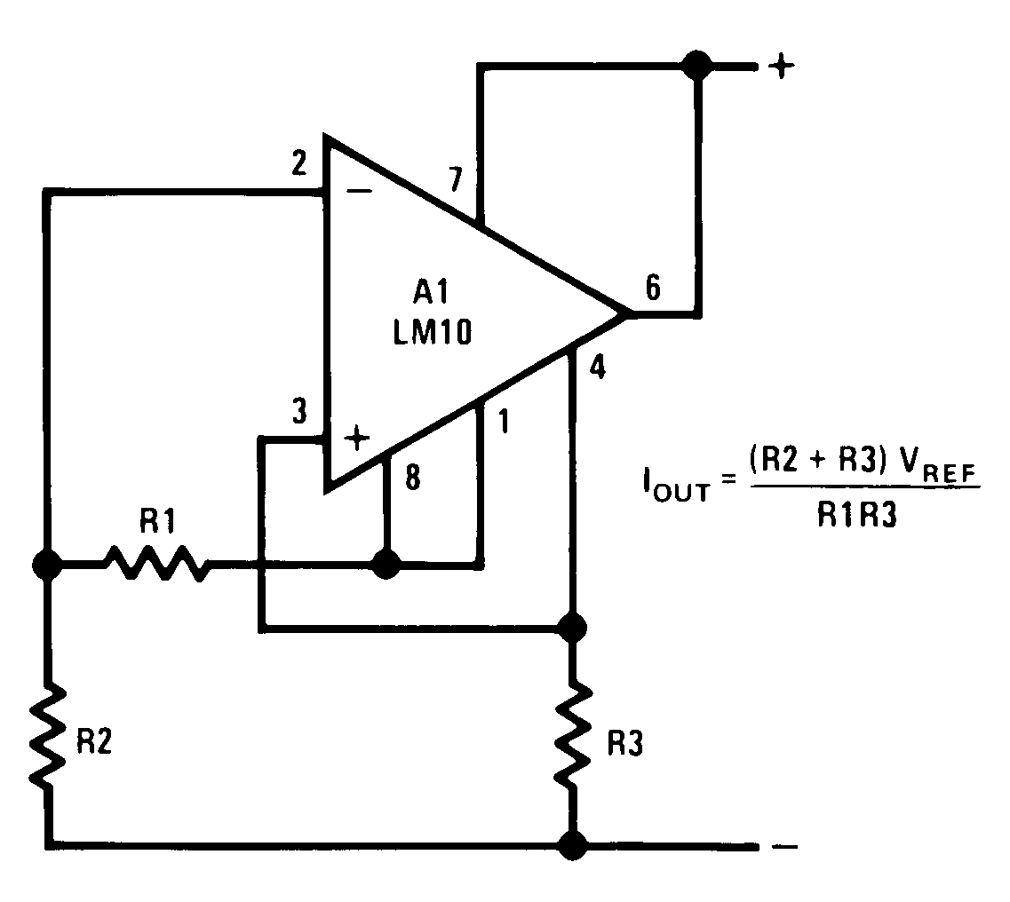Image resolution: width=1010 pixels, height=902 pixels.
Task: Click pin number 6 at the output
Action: [x=653, y=289]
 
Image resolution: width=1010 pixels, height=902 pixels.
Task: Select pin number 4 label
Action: [x=598, y=368]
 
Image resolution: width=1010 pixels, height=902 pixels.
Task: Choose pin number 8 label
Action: [x=412, y=479]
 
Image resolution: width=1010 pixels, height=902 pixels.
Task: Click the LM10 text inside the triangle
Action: [x=434, y=334]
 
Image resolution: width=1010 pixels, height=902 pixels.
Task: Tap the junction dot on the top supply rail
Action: [x=696, y=65]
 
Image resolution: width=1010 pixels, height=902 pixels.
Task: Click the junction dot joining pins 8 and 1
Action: [x=386, y=564]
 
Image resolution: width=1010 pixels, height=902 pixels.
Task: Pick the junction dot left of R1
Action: [x=43, y=564]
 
